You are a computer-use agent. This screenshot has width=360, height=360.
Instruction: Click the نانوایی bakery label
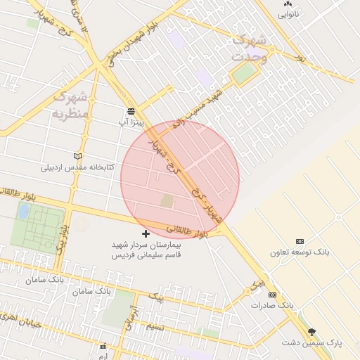[x=288, y=14]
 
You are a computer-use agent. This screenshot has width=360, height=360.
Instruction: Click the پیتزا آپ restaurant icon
[x=131, y=111]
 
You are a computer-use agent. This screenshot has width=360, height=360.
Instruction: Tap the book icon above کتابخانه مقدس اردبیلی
[x=77, y=156]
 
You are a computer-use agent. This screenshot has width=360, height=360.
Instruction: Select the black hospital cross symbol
[x=146, y=233]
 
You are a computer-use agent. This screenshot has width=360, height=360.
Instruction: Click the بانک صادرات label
[x=272, y=306]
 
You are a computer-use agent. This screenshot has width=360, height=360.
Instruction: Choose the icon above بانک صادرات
[x=273, y=295]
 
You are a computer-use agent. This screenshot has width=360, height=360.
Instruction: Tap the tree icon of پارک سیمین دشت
[x=312, y=331]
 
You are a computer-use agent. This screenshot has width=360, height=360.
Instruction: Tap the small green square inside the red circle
[x=167, y=201]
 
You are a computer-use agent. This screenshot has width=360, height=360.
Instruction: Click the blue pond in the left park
[x=24, y=210]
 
